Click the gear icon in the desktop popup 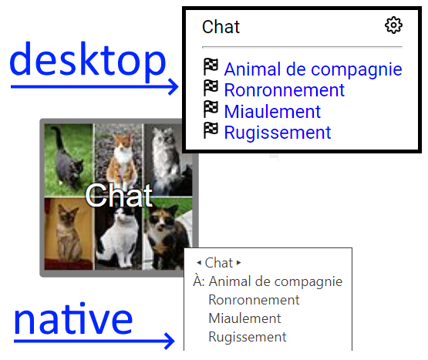(393, 25)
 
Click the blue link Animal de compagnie (313, 69)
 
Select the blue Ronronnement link (284, 90)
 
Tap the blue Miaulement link (272, 111)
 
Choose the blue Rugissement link (278, 133)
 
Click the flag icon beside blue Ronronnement (211, 88)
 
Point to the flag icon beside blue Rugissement (211, 131)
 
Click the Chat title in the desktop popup (221, 27)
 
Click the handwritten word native (73, 319)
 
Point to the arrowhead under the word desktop (173, 87)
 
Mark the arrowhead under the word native (169, 341)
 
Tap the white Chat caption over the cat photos (119, 196)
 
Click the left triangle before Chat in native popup (199, 263)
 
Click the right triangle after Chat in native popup (238, 263)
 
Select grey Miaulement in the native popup (244, 318)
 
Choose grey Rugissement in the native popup (248, 337)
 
